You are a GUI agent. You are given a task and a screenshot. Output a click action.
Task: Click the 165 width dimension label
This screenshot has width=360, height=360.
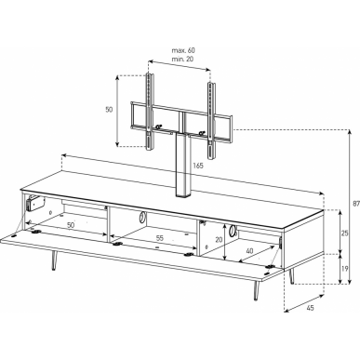pos(198,166)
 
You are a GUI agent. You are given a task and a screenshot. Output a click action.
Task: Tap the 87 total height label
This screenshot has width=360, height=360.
pos(356,204)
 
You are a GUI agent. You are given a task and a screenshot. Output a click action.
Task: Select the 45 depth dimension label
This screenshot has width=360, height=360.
pos(310,308)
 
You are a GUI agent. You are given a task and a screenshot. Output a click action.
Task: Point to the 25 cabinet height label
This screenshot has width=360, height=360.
pos(344,233)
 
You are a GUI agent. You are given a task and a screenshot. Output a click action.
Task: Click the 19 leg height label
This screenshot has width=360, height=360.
pos(344,269)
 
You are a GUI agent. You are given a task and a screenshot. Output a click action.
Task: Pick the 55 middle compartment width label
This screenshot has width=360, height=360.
pos(159,238)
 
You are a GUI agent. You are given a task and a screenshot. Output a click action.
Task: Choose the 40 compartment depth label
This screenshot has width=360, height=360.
pos(249,250)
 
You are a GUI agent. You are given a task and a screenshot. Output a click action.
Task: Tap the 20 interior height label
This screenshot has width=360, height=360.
pos(219,239)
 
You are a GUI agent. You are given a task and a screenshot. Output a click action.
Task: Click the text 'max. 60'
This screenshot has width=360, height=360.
pos(183,50)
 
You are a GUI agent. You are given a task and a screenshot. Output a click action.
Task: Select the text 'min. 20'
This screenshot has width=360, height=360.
pos(182,59)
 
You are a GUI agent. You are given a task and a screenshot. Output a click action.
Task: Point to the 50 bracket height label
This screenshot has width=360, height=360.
pos(109,110)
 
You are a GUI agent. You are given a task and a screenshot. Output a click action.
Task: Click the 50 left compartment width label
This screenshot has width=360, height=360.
pos(71,225)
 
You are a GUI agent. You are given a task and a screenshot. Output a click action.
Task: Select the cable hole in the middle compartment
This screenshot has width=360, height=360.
pos(141,217)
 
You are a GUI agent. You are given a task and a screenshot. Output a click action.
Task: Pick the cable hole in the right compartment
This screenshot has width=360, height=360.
pos(233,231)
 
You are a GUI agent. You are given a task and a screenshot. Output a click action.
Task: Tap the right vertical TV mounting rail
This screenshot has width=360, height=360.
pos(211,122)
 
